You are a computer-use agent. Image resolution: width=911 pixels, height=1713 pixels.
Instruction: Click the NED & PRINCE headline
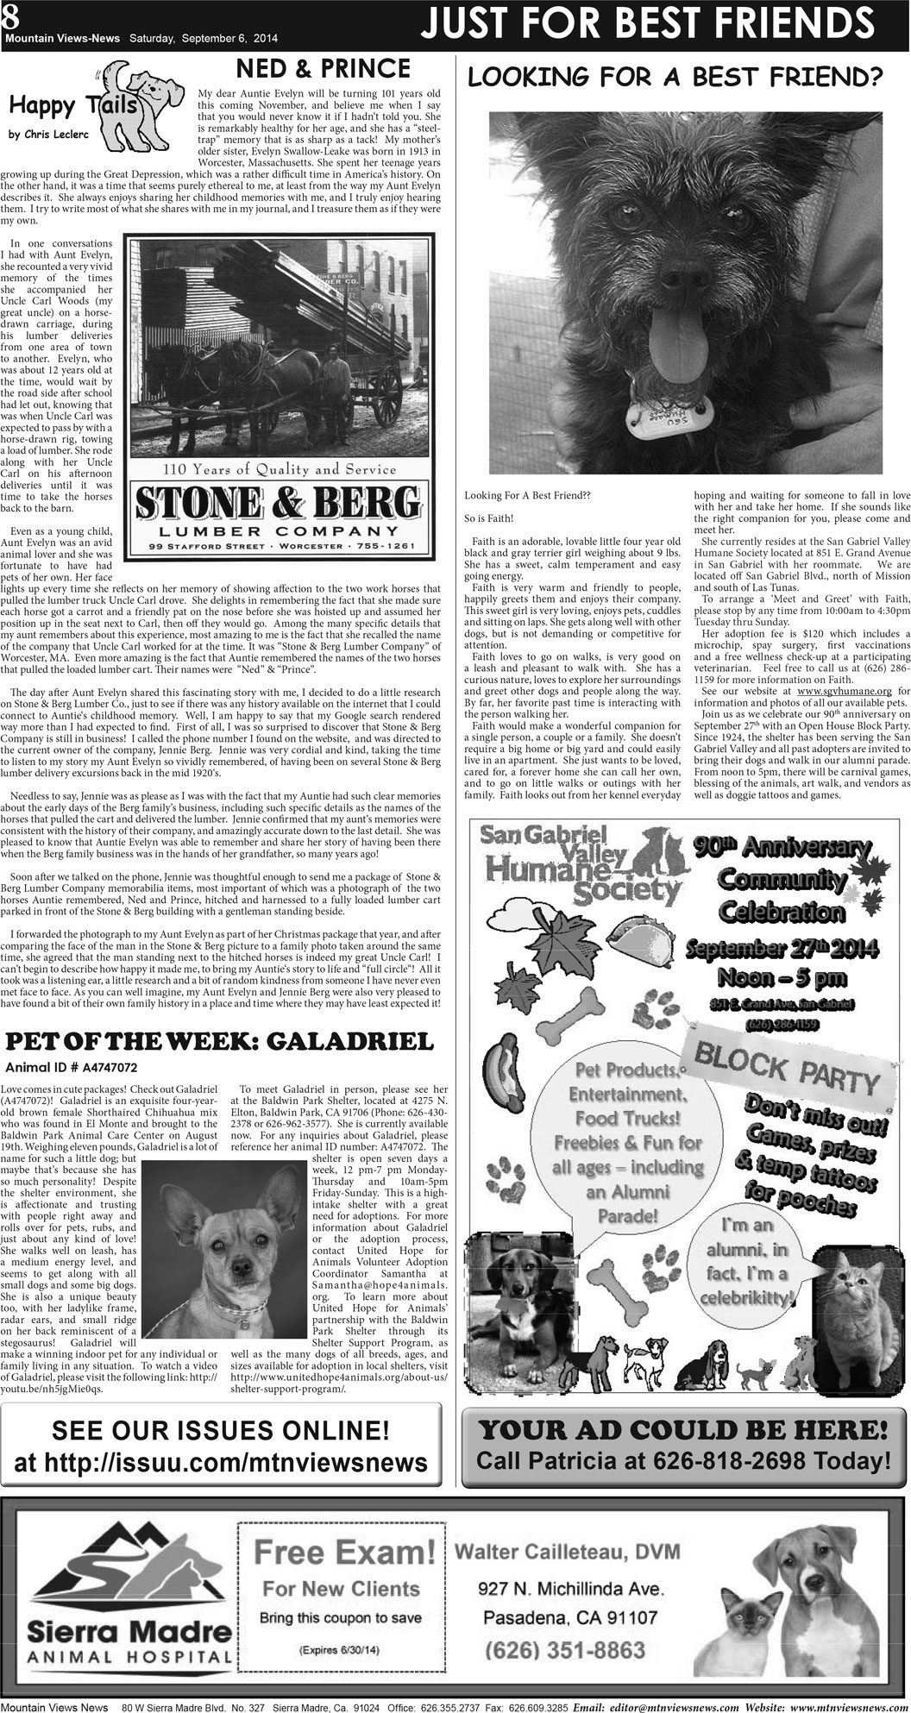[x=324, y=68]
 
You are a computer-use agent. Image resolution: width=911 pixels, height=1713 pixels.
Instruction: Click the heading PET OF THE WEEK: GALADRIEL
[x=219, y=1042]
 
